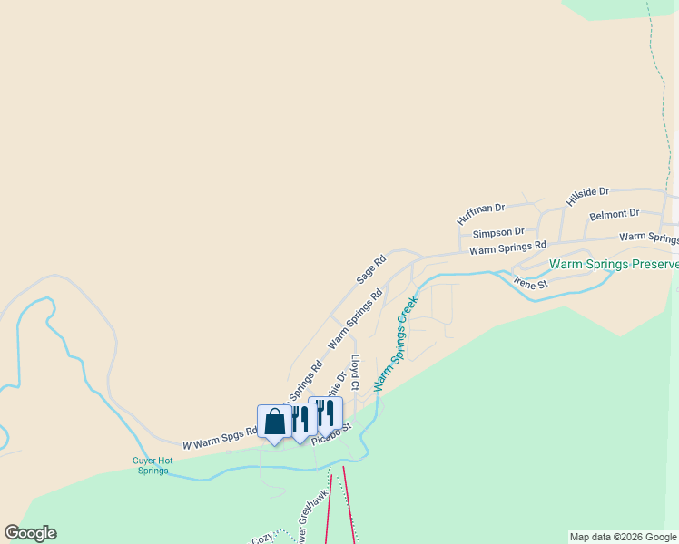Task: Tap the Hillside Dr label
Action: coord(587,197)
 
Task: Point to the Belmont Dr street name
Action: coord(615,215)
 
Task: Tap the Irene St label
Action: coord(531,283)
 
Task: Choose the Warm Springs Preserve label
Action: coord(614,265)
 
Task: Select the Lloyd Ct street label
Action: coord(356,373)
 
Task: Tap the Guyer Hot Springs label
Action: coord(152,465)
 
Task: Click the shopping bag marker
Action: coord(275,422)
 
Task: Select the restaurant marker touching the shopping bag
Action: coord(300,419)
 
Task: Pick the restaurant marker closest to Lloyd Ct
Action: coord(325,413)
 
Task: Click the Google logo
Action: coord(30,533)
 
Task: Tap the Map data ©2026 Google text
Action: coord(624,537)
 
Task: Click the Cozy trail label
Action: coord(262,538)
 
